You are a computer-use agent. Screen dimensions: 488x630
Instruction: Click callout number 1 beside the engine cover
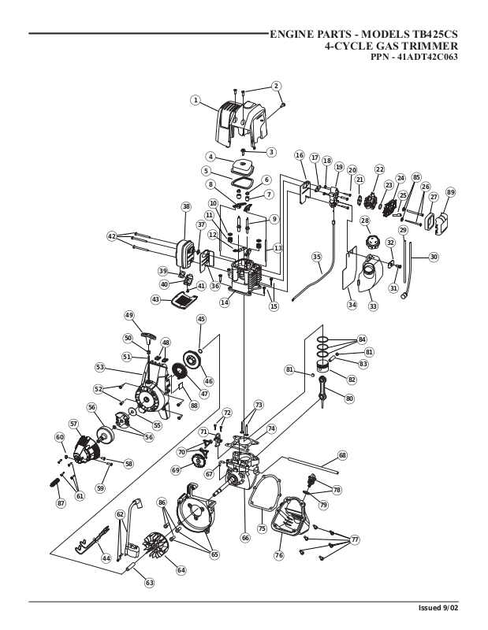click(x=196, y=100)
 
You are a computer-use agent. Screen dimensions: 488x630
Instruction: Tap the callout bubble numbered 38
click(x=186, y=206)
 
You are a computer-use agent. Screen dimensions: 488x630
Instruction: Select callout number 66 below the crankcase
click(x=245, y=538)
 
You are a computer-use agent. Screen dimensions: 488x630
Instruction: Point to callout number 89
click(x=451, y=192)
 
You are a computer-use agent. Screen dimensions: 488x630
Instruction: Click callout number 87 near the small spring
click(x=61, y=503)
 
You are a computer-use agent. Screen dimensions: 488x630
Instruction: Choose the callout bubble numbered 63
click(x=149, y=583)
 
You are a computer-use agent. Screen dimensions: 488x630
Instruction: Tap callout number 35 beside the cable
click(x=317, y=257)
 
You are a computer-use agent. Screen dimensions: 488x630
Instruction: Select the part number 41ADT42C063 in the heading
click(x=427, y=57)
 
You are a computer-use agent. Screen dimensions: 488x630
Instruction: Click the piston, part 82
click(x=325, y=368)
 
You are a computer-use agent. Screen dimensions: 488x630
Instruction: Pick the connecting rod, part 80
click(x=322, y=391)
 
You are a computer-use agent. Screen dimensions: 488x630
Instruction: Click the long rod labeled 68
click(x=311, y=465)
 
